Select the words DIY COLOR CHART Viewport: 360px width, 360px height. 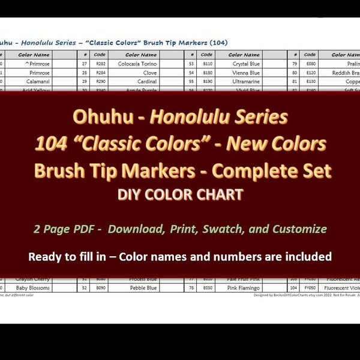point(179,194)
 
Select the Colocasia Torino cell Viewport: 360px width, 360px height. point(141,63)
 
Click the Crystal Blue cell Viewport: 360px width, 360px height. point(246,63)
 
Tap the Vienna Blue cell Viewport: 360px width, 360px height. point(246,72)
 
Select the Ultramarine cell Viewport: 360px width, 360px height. point(246,81)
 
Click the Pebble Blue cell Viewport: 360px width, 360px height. point(143,288)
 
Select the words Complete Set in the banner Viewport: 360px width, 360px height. point(281,170)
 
